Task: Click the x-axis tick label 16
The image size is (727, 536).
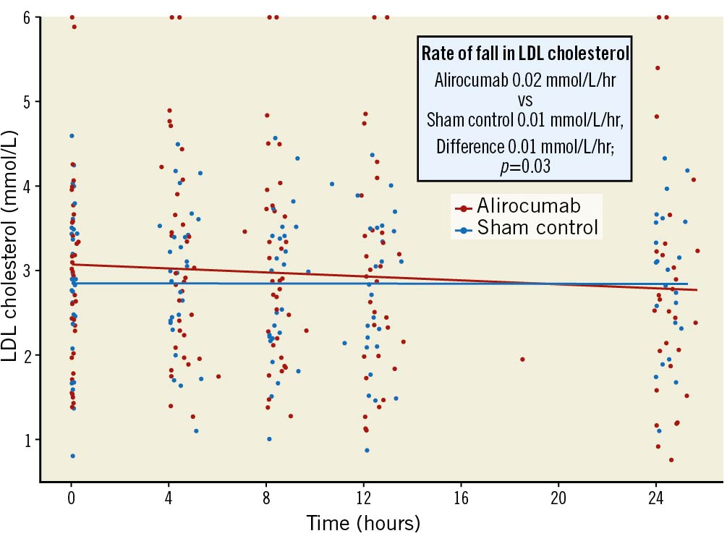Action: point(461,498)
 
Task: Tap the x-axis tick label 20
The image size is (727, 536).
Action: point(558,498)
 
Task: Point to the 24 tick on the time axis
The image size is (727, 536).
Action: point(656,498)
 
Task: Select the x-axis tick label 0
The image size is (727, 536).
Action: point(71,498)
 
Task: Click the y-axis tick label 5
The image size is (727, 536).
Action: point(27,101)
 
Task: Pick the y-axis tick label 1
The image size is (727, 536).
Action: point(27,440)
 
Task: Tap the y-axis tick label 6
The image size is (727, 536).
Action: point(27,17)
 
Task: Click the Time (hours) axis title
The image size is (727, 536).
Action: point(363,522)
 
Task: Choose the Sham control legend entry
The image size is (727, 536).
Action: point(537,229)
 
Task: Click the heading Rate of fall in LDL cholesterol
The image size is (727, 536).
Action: point(524,54)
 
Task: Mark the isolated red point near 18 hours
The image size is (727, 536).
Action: point(522,359)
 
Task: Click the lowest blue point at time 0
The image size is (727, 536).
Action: point(72,456)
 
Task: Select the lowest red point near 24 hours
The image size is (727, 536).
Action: point(671,460)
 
